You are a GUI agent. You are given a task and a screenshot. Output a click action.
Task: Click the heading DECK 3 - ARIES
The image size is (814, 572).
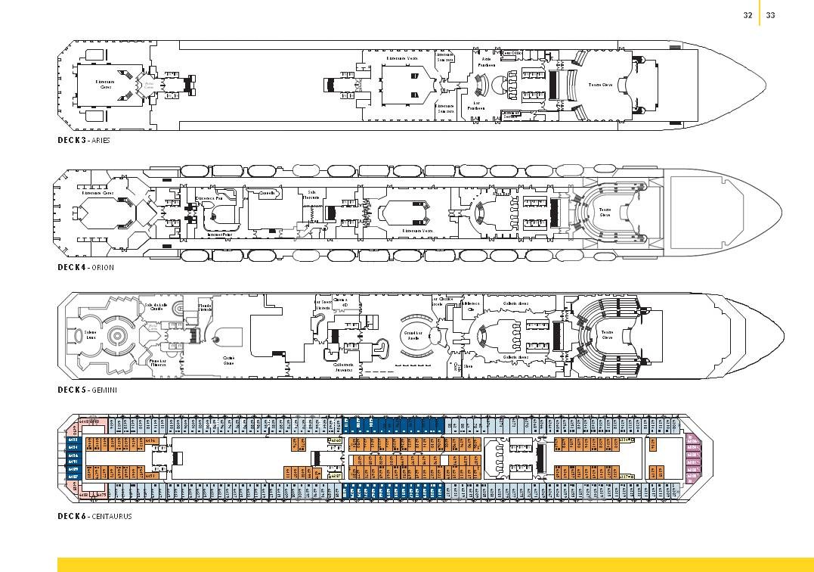coord(84,140)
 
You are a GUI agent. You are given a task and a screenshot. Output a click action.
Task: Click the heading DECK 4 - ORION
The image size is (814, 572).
coord(84,267)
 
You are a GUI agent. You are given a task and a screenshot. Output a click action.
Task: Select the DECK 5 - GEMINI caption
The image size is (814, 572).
coord(87,390)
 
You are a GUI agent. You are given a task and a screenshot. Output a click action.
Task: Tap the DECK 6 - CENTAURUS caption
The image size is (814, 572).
coord(94,516)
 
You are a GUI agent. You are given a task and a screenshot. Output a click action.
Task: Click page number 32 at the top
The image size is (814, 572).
coord(747,15)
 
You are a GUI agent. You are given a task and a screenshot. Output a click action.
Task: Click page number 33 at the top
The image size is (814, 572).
coord(771,15)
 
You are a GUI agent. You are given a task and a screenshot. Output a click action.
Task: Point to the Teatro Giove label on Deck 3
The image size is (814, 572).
coord(600,85)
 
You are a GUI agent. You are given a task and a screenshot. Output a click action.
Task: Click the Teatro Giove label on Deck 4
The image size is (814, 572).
coord(605,212)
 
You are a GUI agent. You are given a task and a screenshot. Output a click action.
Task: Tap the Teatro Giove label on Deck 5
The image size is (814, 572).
coord(606,334)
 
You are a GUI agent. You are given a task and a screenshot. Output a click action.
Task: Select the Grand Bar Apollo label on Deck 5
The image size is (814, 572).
coord(413,337)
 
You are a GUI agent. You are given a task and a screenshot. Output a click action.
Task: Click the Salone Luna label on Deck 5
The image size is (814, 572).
coord(89,335)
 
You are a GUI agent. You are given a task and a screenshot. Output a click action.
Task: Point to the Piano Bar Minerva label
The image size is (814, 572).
coord(157,363)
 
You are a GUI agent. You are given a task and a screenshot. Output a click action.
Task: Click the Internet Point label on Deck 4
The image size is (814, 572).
coord(218,235)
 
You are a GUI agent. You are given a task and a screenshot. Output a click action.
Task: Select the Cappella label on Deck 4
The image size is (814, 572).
coord(267,193)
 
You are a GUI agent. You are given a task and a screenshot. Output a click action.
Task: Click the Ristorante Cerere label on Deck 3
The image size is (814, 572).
coord(105,84)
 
